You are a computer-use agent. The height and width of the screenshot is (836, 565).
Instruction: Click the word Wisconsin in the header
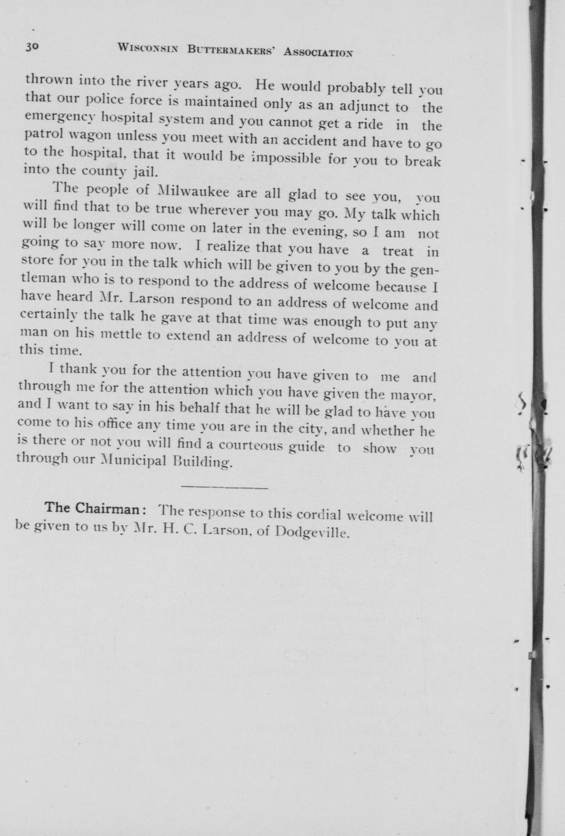148,48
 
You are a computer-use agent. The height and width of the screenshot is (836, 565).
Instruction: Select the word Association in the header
319,52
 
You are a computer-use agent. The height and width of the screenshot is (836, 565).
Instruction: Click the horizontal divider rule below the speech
224,487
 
